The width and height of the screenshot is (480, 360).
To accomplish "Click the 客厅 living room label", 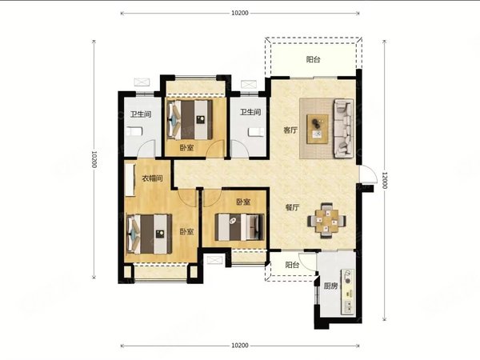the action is point(290,130).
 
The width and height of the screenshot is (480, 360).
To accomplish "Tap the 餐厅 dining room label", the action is point(292,207).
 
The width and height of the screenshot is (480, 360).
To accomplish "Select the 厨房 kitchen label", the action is point(330,286).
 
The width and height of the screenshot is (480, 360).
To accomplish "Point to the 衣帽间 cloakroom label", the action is point(152,178).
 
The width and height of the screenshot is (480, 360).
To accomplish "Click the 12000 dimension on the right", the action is point(385,180).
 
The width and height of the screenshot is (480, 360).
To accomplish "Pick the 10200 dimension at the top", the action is point(240,13).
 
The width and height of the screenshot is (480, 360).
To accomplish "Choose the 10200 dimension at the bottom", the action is point(240,346).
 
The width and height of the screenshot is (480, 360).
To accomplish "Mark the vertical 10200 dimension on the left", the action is point(94,159).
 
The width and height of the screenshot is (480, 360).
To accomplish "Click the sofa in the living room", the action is point(343,128).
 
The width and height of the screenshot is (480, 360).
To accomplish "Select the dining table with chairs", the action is point(327,221).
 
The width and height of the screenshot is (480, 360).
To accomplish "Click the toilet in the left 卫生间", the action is point(134,131).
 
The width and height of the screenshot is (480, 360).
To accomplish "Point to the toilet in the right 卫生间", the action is point(256,132).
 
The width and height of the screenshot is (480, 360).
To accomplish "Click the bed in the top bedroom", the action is point(190,120).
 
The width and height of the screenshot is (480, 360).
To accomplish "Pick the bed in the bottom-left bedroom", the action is point(149,234).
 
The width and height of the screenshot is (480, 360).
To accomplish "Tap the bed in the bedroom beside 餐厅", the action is point(239,227).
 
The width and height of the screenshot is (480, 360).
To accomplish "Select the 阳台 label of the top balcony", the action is point(313,59).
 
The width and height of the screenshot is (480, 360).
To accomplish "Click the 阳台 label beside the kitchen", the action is point(292,265).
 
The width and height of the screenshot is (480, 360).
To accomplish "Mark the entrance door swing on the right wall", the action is point(368,174).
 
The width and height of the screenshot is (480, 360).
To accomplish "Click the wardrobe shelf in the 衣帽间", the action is point(130,180).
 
